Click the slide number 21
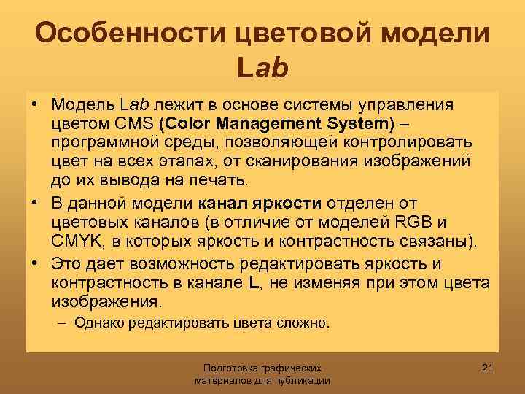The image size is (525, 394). tap(488, 366)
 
